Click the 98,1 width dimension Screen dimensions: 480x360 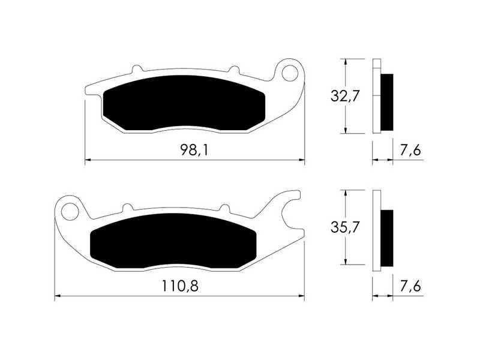pyautogui.click(x=194, y=150)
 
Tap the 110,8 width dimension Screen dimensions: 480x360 pyautogui.click(x=180, y=286)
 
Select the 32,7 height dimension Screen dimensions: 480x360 pyautogui.click(x=344, y=96)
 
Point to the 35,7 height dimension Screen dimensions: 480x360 pyautogui.click(x=344, y=227)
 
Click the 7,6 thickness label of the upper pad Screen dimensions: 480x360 pyautogui.click(x=410, y=150)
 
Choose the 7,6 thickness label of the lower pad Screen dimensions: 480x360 pyautogui.click(x=410, y=286)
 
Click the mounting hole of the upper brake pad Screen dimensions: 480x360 pyautogui.click(x=290, y=73)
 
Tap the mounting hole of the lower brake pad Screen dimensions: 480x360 pyautogui.click(x=70, y=212)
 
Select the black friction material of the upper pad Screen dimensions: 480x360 pyautogui.click(x=184, y=103)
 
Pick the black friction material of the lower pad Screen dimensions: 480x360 pyautogui.click(x=173, y=241)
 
